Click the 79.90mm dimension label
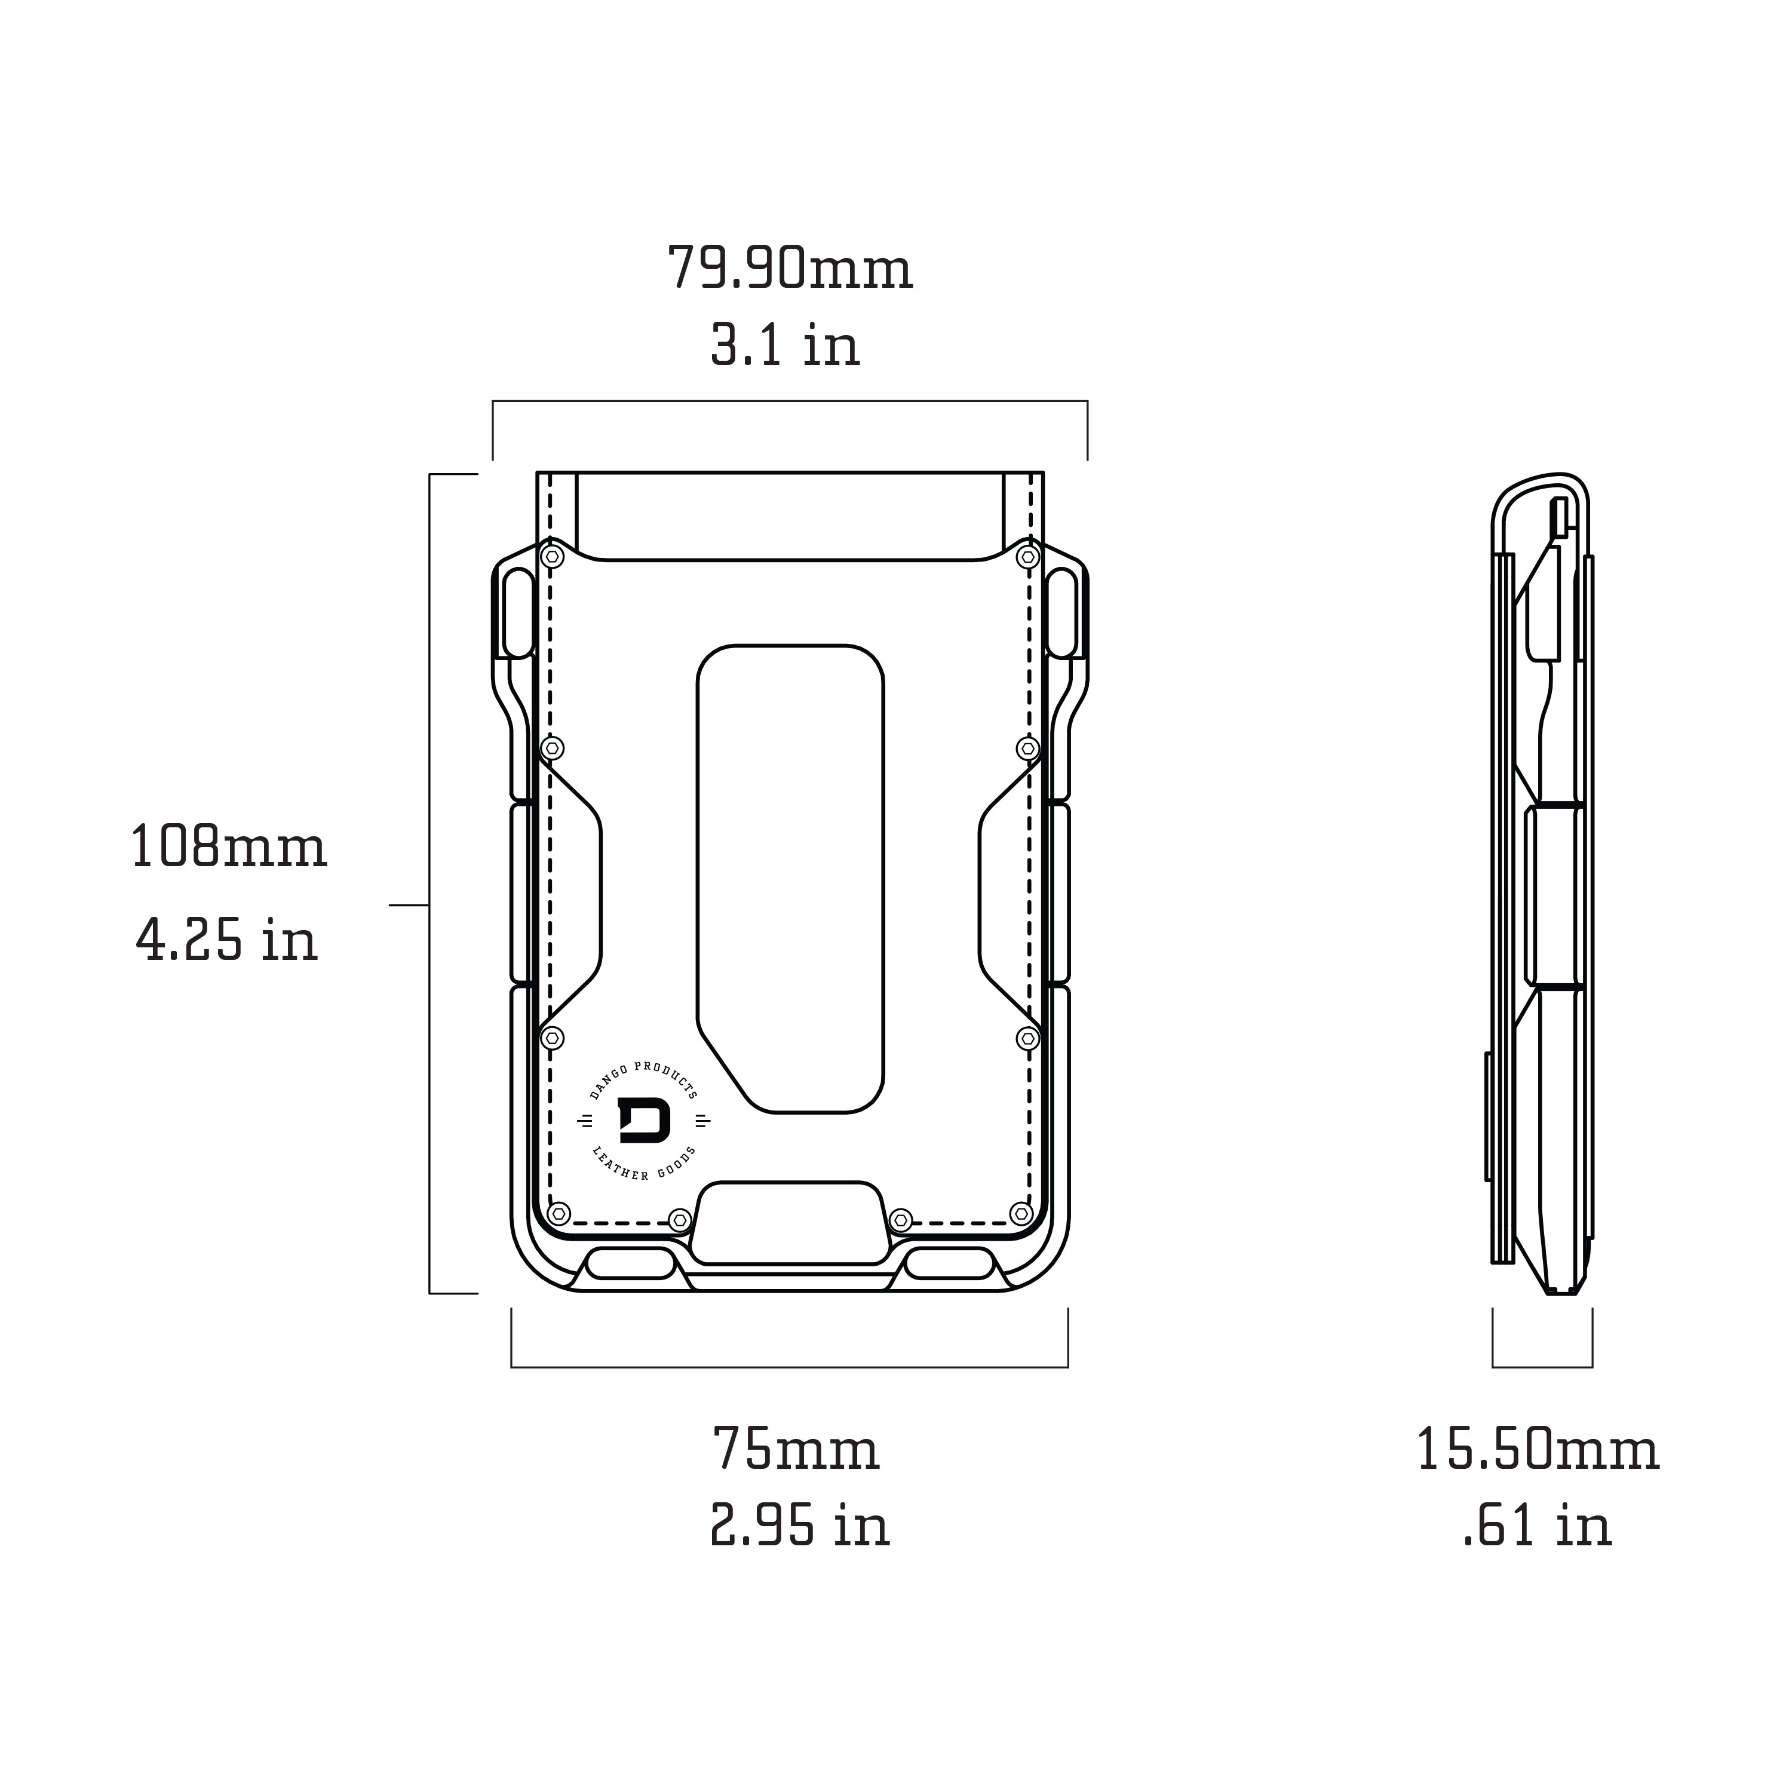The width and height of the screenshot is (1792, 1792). [790, 269]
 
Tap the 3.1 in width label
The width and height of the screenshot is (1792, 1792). [785, 346]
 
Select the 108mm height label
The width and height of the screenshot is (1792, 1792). [228, 847]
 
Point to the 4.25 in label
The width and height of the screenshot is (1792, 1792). [226, 941]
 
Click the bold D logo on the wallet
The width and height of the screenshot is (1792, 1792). [644, 1121]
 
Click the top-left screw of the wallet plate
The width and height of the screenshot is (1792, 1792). [553, 557]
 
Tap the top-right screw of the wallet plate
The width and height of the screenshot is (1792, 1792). [1027, 557]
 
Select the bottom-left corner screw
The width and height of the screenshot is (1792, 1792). [559, 1213]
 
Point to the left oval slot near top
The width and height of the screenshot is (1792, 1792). [518, 613]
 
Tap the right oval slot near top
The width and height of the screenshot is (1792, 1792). [1061, 613]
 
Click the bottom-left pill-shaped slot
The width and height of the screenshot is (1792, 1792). [631, 1263]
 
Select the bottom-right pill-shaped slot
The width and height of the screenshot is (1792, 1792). [949, 1263]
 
